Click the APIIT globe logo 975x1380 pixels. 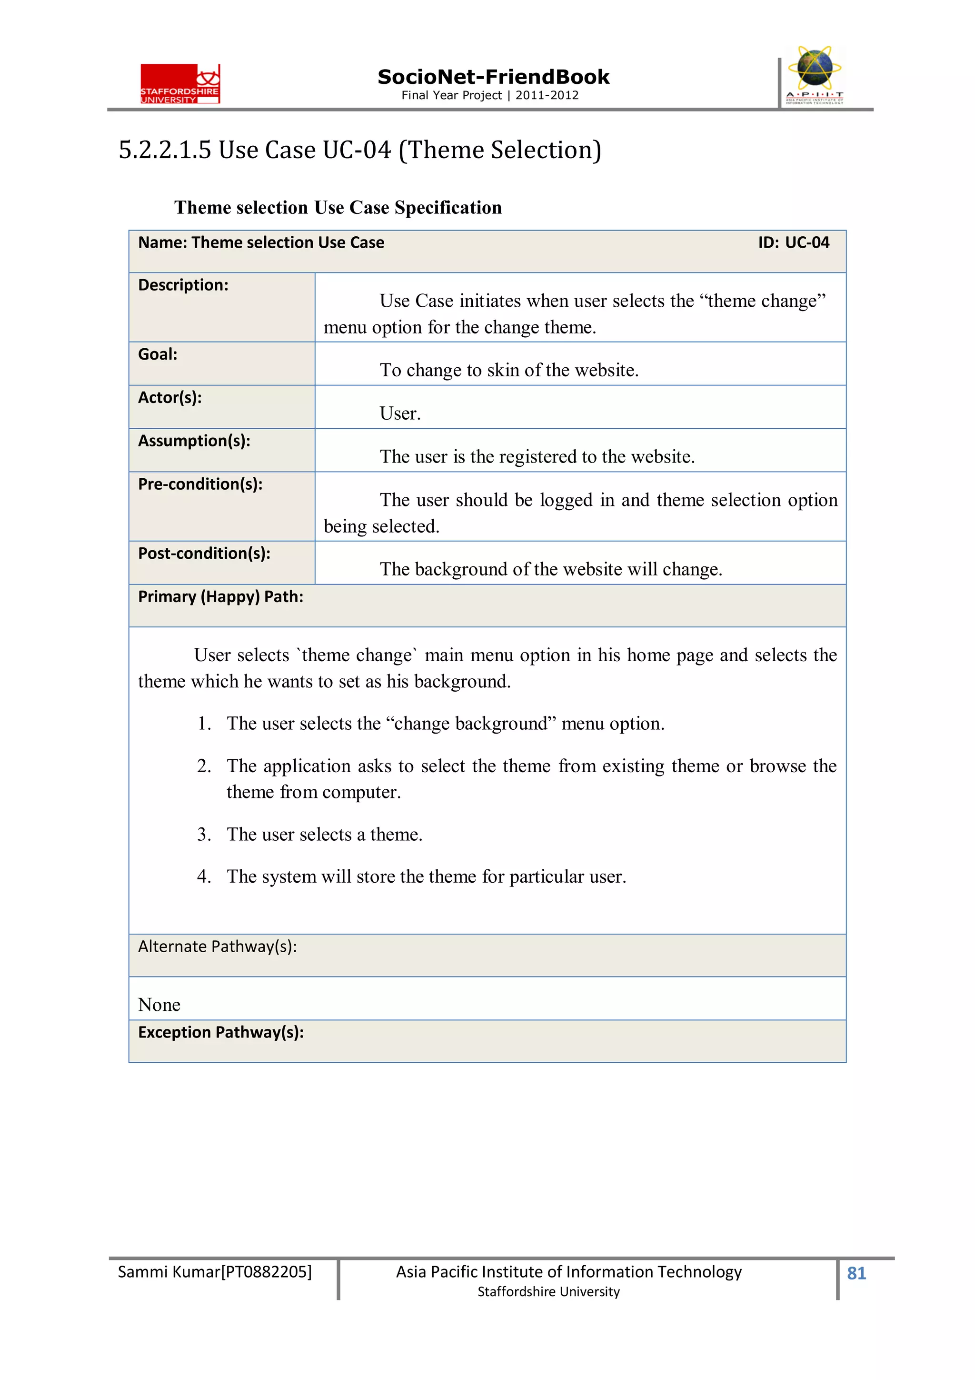814,74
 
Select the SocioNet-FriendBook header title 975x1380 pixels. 493,77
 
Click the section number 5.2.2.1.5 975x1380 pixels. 165,150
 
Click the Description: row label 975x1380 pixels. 183,285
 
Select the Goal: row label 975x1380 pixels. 158,354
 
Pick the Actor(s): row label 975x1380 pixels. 169,397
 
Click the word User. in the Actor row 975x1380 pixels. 400,413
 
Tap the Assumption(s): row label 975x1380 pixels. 194,441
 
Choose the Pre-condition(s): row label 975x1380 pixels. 200,484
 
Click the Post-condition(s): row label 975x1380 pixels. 204,553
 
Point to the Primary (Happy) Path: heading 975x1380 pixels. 220,596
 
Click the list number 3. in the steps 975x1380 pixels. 204,834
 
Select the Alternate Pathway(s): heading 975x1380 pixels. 218,946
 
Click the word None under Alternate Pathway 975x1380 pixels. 159,1004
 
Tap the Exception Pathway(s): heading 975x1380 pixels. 220,1032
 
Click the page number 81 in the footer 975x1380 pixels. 856,1273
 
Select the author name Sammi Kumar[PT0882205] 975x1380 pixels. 214,1272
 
